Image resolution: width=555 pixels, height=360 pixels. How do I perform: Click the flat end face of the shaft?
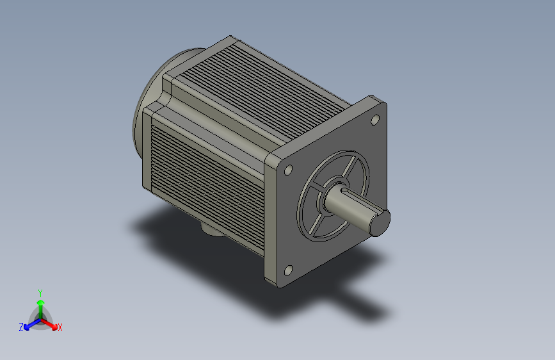(380, 222)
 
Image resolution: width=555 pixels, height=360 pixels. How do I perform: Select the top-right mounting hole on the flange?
(375, 120)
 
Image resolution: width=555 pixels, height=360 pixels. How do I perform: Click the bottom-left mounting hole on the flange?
(289, 271)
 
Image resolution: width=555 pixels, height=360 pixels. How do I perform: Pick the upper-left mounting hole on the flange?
(289, 170)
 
